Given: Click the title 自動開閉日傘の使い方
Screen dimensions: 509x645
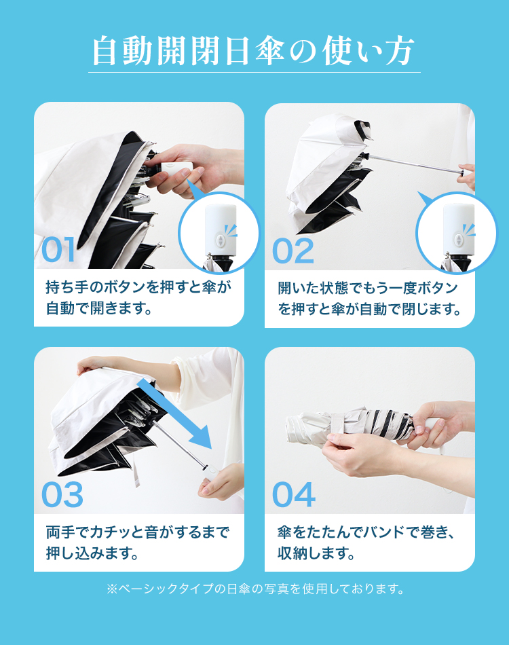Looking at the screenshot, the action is click(x=253, y=51).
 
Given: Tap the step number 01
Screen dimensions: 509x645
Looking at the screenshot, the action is click(x=58, y=250).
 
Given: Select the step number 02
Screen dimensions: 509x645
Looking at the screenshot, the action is click(x=293, y=251).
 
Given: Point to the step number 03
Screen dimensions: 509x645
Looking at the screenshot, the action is click(x=62, y=495).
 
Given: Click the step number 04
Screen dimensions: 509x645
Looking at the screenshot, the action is click(x=294, y=494).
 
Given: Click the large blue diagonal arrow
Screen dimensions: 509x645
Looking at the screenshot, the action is click(x=174, y=414).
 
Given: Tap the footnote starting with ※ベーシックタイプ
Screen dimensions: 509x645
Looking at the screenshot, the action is click(x=255, y=589).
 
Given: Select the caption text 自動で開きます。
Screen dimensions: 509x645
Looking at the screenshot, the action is click(x=99, y=308).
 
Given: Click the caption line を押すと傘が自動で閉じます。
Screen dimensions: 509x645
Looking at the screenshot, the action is click(x=369, y=308).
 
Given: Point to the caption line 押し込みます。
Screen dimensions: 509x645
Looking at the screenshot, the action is click(x=92, y=553).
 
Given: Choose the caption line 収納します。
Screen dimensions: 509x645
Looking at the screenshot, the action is click(x=316, y=553).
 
